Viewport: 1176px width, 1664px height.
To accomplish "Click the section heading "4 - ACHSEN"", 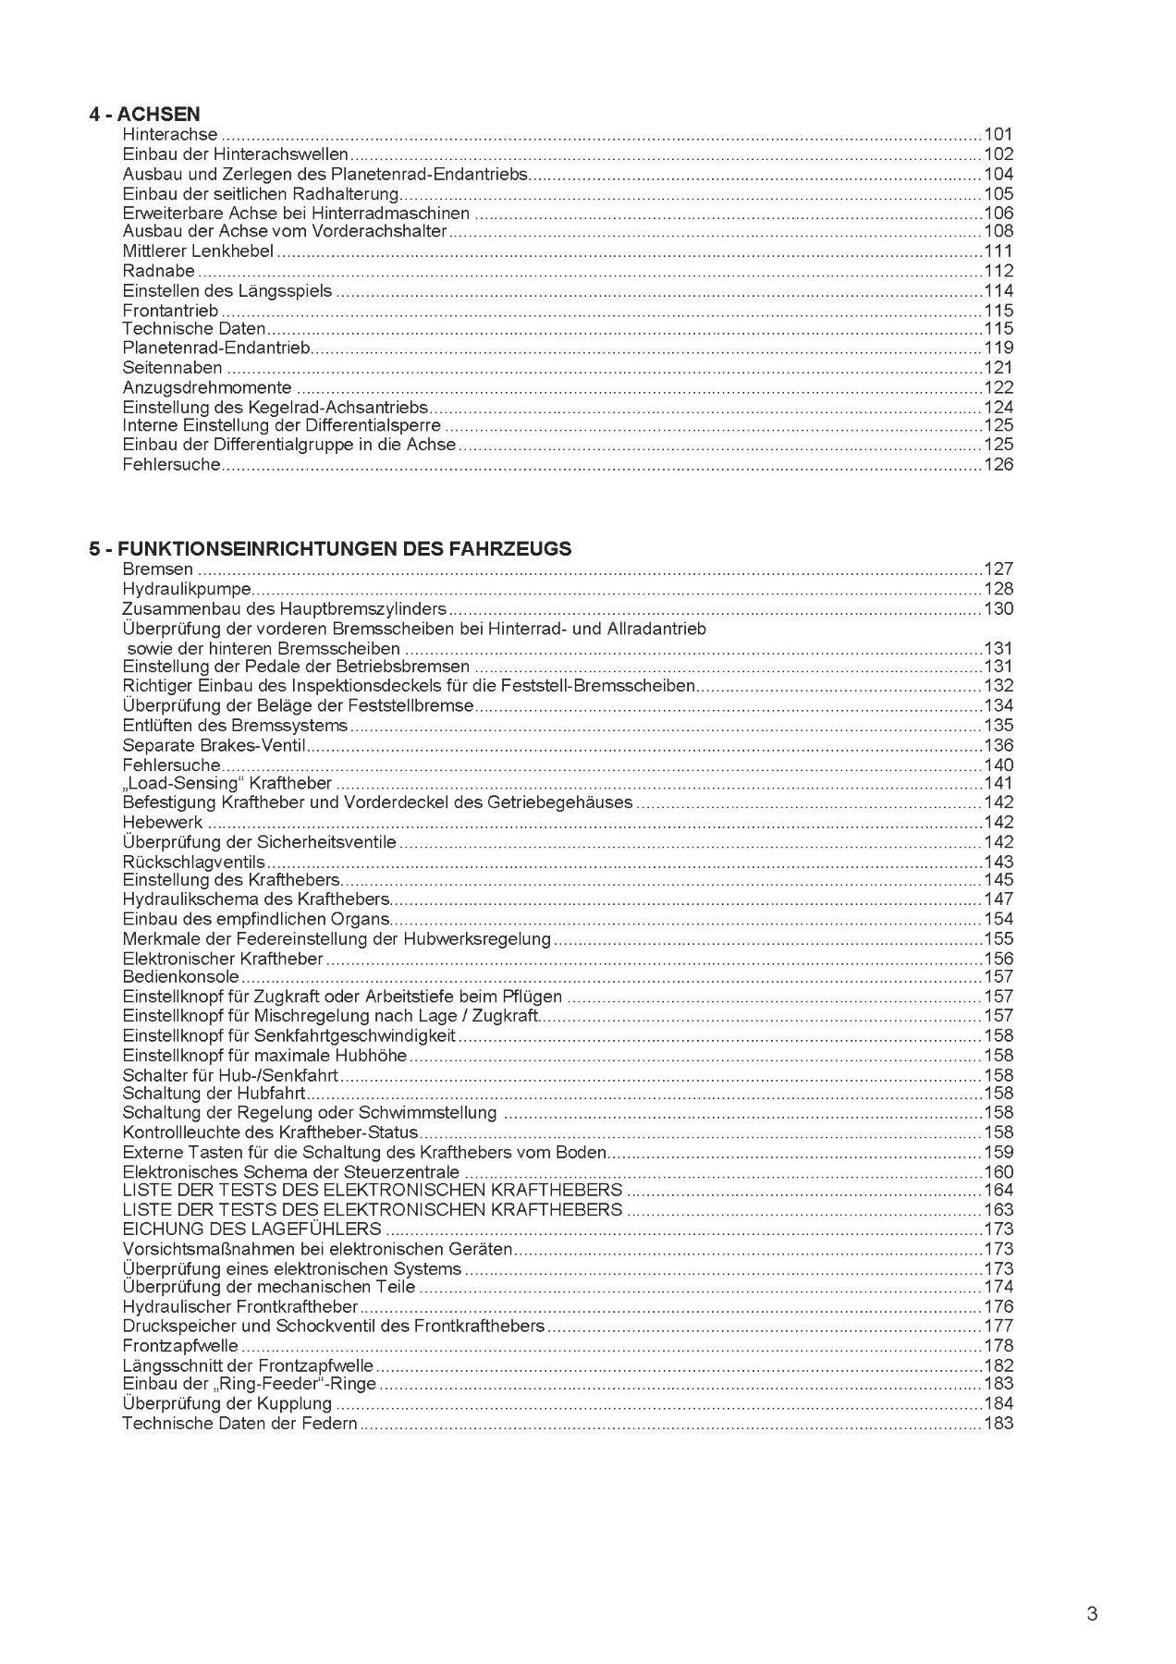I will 144,115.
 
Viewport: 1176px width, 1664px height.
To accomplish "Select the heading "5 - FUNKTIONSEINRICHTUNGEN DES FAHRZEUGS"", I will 330,549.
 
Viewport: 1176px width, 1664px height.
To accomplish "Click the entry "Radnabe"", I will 159,271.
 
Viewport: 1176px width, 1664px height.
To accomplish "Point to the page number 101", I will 998,135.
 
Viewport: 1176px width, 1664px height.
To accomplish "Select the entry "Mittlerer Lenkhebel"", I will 198,251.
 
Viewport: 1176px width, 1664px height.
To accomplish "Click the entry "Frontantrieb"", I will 170,311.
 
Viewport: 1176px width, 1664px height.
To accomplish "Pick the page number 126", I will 998,464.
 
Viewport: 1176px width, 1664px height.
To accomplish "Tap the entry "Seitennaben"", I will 172,368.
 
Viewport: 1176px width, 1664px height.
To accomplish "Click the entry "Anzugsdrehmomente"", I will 207,388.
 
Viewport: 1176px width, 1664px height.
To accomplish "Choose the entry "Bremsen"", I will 158,569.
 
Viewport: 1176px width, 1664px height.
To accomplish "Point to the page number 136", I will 998,745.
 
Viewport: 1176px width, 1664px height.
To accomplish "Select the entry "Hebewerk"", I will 163,822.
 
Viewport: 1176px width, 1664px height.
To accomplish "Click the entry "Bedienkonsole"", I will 181,977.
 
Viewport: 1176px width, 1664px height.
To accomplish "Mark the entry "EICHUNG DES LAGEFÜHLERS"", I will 251,1229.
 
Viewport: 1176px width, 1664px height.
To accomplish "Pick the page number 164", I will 998,1190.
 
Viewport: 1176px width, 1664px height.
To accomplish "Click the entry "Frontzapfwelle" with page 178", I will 180,1346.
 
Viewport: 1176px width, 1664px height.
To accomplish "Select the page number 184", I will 998,1404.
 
